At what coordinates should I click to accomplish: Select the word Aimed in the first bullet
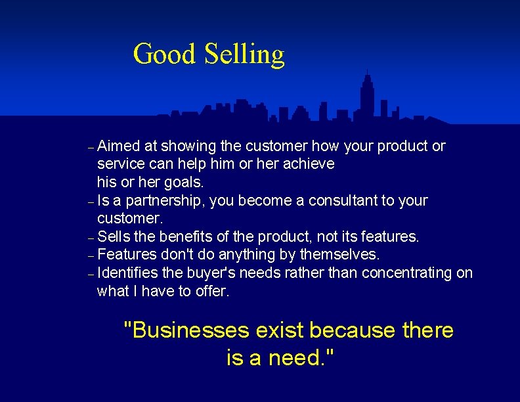(x=118, y=145)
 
